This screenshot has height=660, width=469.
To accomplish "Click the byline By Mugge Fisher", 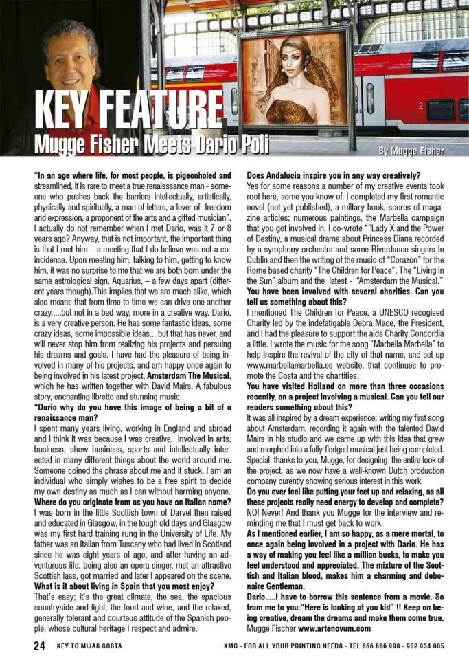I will [x=410, y=150].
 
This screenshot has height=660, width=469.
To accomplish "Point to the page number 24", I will [x=40, y=646].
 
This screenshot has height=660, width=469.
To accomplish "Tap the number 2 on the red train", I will [x=420, y=106].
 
